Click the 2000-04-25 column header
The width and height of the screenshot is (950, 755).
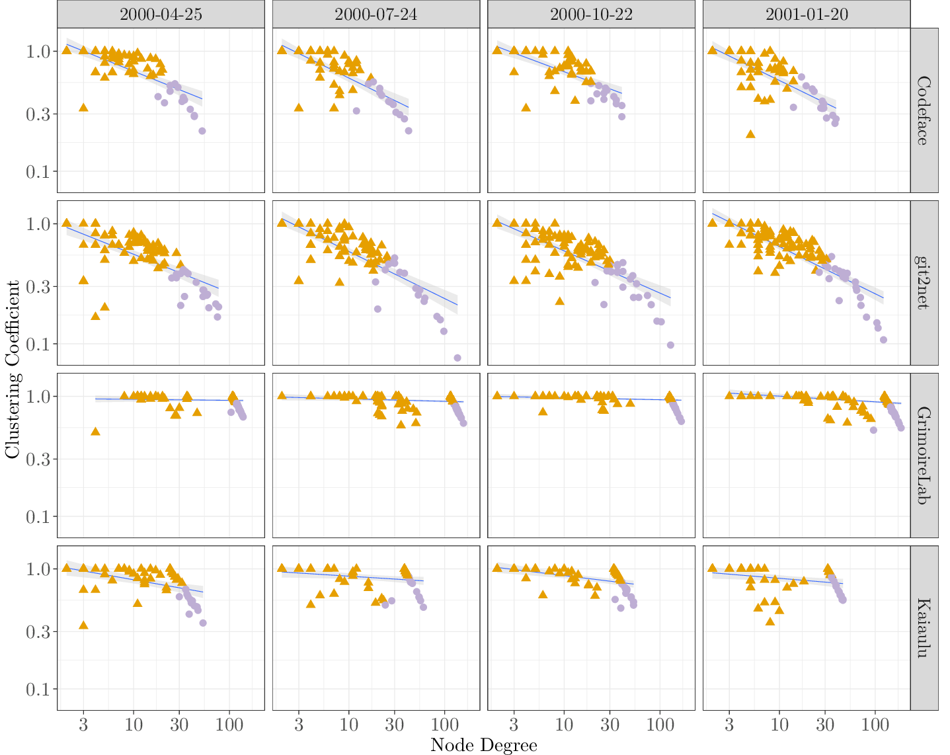[x=161, y=14]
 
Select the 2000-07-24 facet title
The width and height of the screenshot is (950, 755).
[x=376, y=14]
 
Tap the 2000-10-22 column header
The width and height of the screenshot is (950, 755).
[x=591, y=14]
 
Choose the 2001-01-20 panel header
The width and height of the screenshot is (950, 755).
[x=807, y=14]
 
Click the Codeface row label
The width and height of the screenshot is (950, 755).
[x=924, y=110]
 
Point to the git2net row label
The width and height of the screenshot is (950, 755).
[x=924, y=283]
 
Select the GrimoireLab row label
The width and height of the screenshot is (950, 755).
[x=924, y=456]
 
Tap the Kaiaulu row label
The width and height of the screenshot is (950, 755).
[x=924, y=628]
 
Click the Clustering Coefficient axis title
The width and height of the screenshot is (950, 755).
[x=12, y=369]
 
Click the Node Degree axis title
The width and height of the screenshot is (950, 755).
[x=483, y=745]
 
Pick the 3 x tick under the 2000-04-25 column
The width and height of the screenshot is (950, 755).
[x=83, y=724]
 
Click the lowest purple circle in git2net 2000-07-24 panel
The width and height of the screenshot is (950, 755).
[x=457, y=358]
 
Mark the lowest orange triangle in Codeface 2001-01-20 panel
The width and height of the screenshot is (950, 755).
[x=750, y=134]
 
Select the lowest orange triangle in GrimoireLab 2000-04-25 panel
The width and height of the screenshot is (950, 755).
[x=95, y=431]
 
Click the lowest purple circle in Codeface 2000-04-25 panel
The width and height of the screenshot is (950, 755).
[x=202, y=131]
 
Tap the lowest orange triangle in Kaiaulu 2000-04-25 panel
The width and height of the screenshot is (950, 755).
[x=83, y=625]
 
